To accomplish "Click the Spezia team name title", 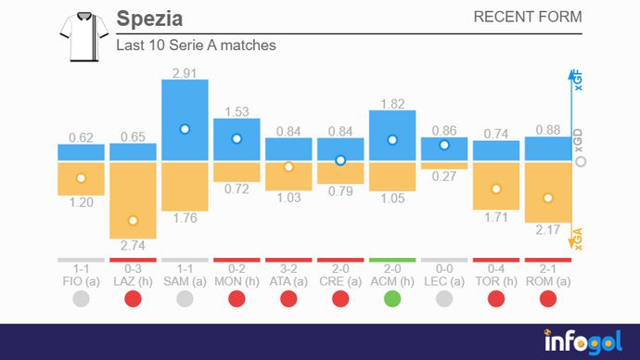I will pos(149,19).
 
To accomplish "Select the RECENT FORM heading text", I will pos(527,17).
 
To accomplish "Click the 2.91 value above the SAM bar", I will pos(185,71).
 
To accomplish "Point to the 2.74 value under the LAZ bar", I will pos(133,246).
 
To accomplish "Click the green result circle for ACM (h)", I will pos(392,299).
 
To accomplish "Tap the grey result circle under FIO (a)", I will pos(81,299).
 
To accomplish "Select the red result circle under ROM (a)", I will pos(548,299).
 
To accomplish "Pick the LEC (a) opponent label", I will pos(444,280).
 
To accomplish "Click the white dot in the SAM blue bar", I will pos(185,129).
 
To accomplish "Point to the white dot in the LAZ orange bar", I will pos(133,221).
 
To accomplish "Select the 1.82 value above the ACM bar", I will pos(392,103).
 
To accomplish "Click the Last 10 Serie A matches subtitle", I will pos(196,45).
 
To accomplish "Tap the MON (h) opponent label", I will pos(237,280).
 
